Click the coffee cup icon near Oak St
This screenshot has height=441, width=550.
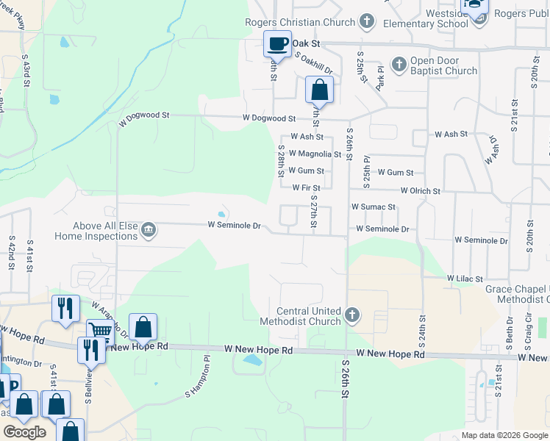[x=277, y=45]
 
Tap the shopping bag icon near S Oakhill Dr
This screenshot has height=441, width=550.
[x=319, y=91]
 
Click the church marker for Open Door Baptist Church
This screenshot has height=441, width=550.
[x=399, y=65]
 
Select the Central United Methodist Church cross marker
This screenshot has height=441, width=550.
[x=352, y=315]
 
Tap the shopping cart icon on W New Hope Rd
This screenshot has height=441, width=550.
[x=100, y=331]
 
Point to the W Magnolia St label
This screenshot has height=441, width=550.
[x=315, y=154]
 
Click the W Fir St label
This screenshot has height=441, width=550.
[x=306, y=188]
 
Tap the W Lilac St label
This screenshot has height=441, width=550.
[x=465, y=279]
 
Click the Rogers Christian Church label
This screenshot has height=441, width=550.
[x=300, y=22]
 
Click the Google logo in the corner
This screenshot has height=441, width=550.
[x=24, y=432]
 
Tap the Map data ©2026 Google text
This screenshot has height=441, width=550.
[x=504, y=435]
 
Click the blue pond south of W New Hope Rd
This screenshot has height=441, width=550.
[x=251, y=361]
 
